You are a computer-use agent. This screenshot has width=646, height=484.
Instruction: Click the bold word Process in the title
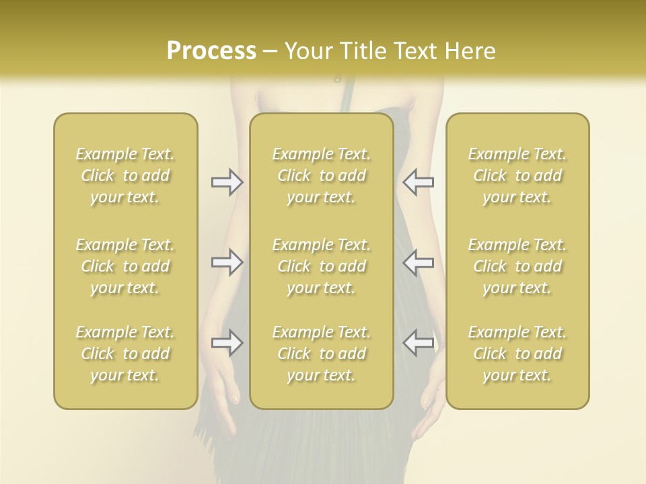pos(211,50)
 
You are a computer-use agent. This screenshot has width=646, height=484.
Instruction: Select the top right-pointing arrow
pos(227,182)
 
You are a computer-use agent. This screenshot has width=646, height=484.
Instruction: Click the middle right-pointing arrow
pos(227,262)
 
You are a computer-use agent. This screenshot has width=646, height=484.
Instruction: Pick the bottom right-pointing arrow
pos(227,343)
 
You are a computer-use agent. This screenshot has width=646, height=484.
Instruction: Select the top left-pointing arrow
pos(418,182)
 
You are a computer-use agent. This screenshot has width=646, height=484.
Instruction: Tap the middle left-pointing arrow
pos(418,262)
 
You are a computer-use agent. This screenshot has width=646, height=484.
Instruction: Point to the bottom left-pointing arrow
pos(418,343)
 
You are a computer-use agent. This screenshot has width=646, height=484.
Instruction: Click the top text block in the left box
pos(125,175)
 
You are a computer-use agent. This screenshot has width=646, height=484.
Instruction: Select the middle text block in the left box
pos(125,266)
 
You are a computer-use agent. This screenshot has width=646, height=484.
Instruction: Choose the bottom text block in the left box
pos(125,354)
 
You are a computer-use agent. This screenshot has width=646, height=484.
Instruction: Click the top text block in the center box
pos(322,175)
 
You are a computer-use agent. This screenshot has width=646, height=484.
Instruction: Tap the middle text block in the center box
pos(322,266)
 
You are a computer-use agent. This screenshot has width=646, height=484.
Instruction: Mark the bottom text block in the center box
pos(322,354)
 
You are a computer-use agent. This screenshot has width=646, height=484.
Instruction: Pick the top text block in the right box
pos(517,175)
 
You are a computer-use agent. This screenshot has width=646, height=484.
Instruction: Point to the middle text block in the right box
pos(517,266)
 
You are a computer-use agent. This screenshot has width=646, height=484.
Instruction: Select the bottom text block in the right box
pos(517,354)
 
